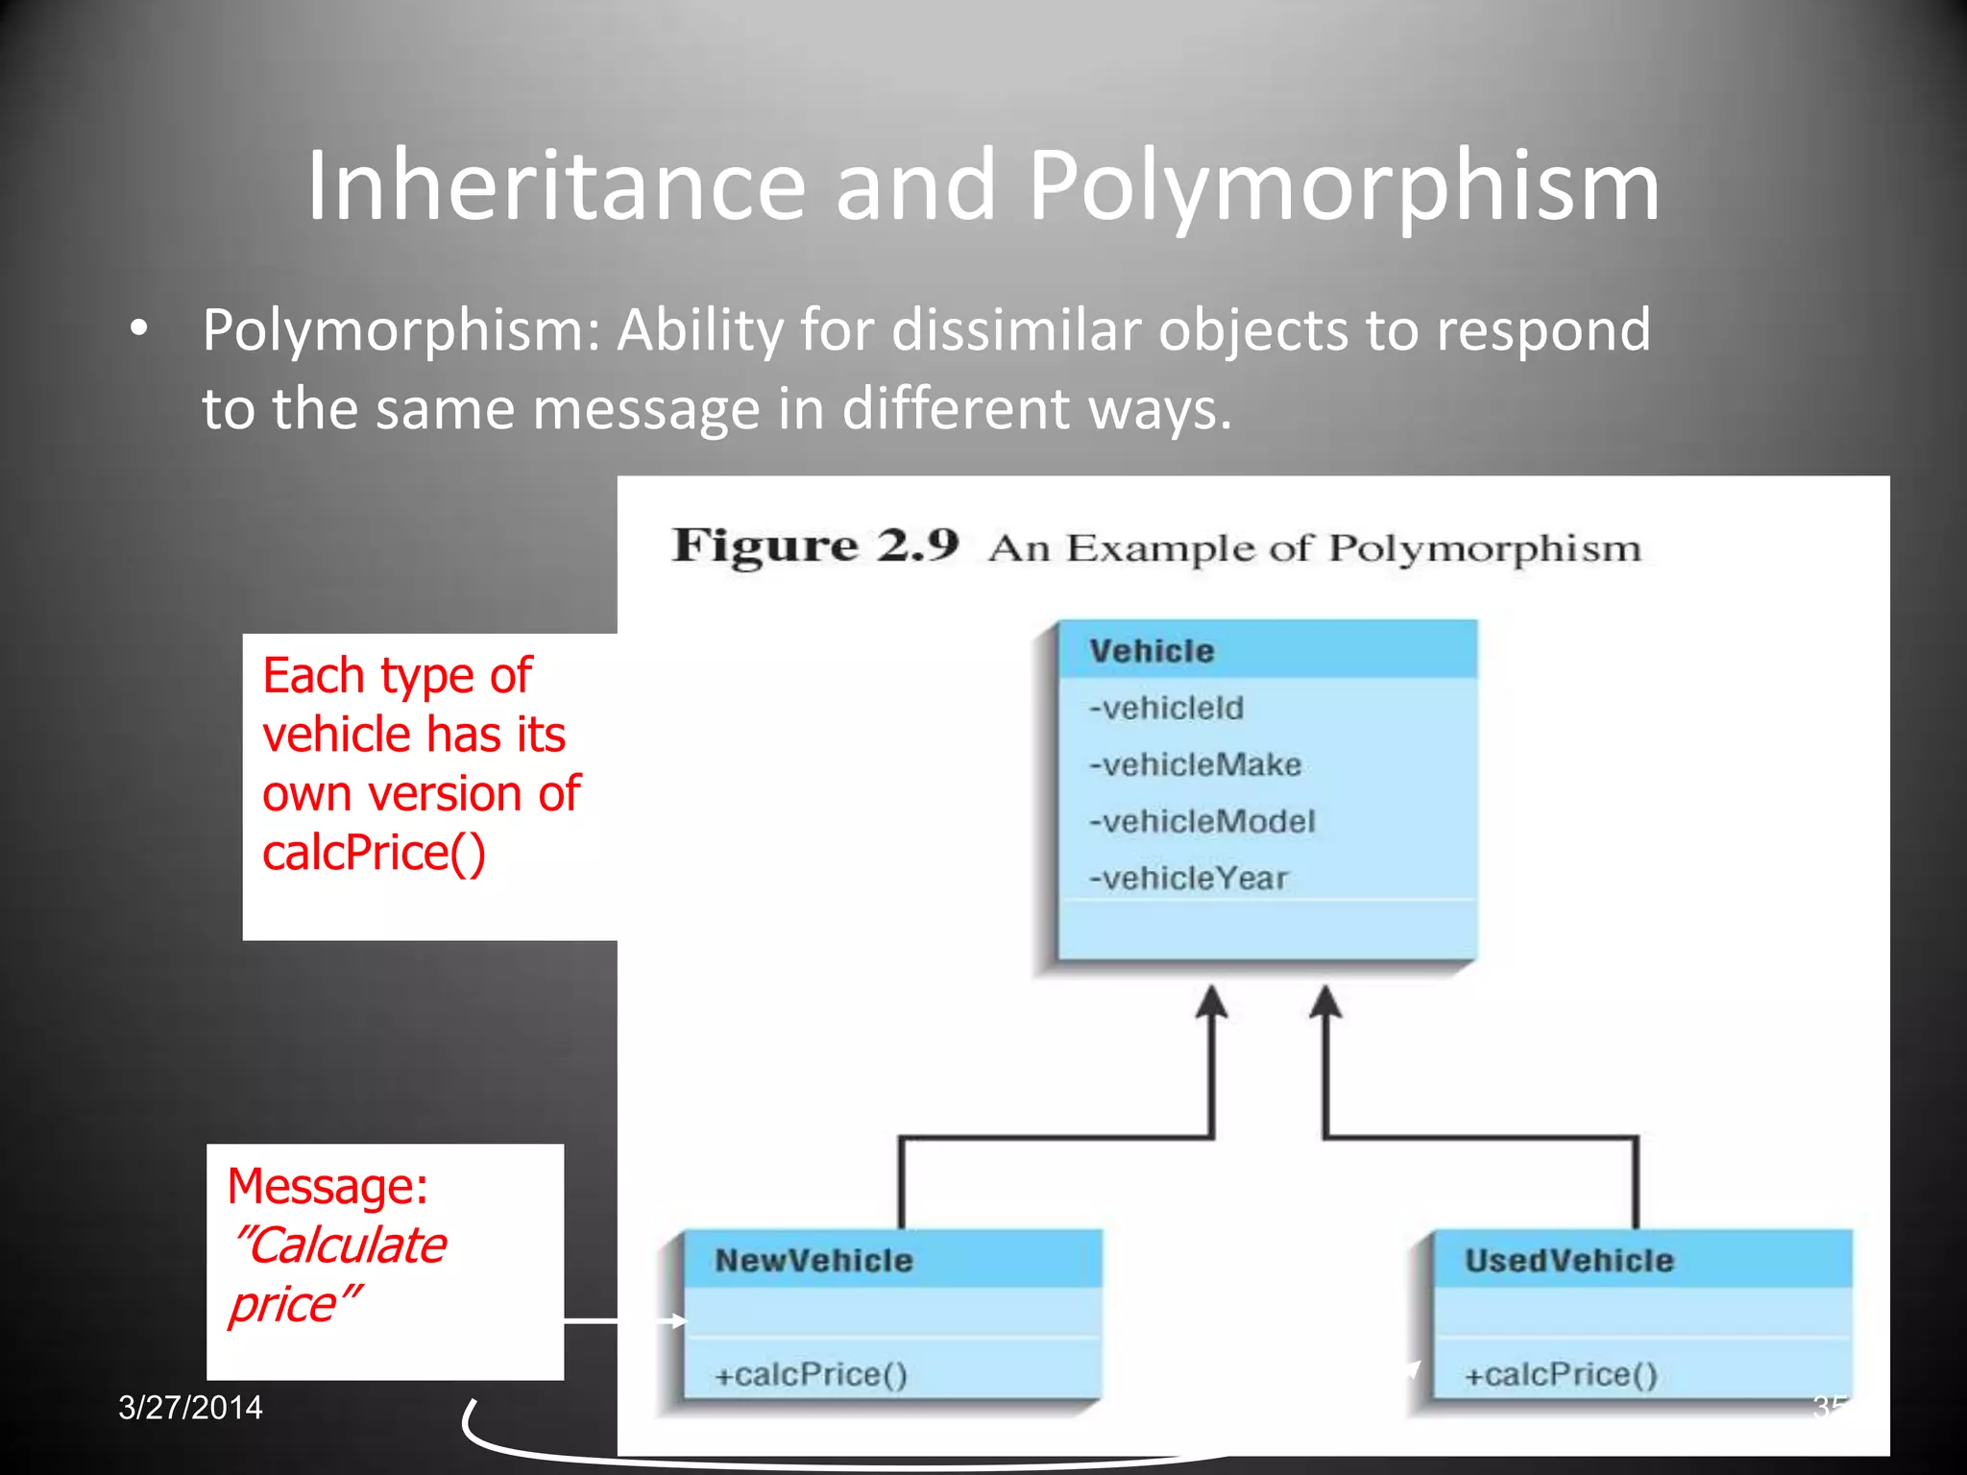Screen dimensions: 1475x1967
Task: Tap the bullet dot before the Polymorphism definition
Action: pos(140,329)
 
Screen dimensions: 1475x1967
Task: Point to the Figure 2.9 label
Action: pos(815,545)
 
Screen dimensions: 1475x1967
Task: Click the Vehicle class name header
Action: pos(1152,651)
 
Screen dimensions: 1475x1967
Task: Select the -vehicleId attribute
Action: pos(1166,708)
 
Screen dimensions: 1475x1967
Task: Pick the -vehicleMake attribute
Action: pos(1195,764)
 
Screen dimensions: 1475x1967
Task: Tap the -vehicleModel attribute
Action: pos(1202,821)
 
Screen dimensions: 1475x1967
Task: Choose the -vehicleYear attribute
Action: pos(1188,878)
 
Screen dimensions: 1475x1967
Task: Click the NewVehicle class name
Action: pos(814,1260)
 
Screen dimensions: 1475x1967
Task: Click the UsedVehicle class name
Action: pos(1568,1260)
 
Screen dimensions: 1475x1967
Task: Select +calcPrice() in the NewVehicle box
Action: pos(811,1374)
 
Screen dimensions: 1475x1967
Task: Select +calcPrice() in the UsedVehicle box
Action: pos(1561,1374)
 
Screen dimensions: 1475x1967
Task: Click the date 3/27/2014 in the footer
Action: pos(190,1408)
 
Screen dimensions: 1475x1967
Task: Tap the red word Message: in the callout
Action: pos(328,1186)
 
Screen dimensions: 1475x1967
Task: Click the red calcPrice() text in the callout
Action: pos(374,853)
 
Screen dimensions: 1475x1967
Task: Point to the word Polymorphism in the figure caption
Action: pos(1484,548)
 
